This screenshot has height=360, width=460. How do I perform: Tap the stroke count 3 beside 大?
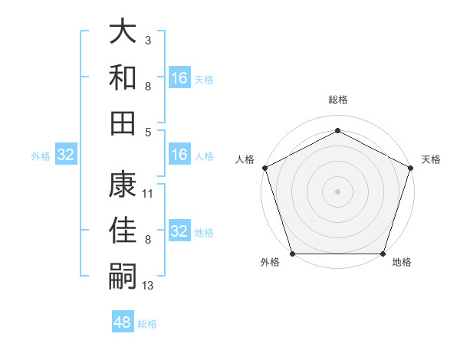click(x=147, y=39)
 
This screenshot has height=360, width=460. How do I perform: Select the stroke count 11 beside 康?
click(x=148, y=194)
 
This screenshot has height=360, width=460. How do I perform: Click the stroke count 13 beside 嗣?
click(x=148, y=286)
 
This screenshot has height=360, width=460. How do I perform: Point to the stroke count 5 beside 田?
click(x=148, y=133)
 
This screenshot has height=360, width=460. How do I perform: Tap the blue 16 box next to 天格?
click(x=179, y=78)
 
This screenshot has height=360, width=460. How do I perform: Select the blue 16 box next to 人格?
click(x=179, y=155)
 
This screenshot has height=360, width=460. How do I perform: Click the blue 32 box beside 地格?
click(x=179, y=231)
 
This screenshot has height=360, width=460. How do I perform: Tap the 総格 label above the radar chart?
click(x=338, y=100)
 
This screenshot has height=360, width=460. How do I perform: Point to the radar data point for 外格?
click(x=293, y=254)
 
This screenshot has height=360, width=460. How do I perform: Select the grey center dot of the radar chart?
click(x=338, y=191)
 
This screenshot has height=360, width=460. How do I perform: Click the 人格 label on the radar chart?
click(x=245, y=159)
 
